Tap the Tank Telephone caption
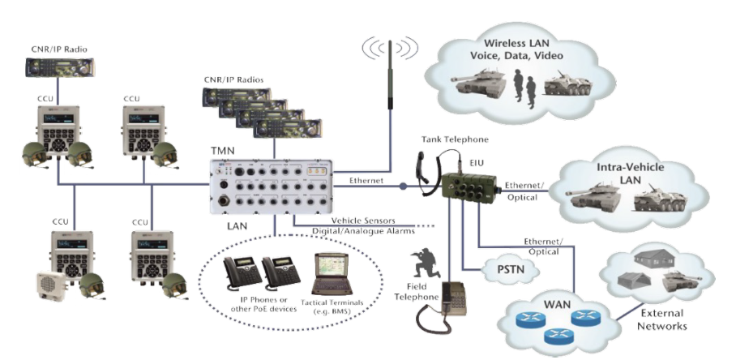(455, 139)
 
